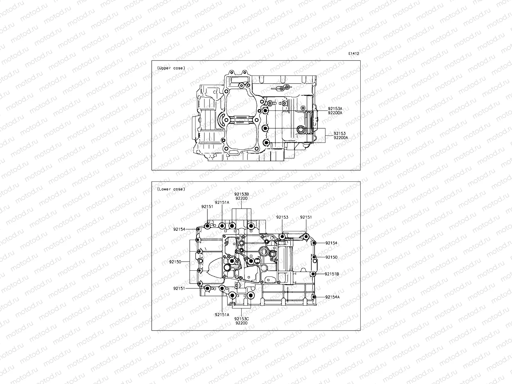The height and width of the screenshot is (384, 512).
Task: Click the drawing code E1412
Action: (354, 54)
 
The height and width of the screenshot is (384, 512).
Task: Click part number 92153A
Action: (335, 109)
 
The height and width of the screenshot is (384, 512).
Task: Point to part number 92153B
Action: (241, 194)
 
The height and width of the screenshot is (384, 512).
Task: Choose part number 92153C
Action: (241, 319)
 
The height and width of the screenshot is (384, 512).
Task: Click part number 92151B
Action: (332, 274)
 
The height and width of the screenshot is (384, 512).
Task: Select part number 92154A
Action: (332, 297)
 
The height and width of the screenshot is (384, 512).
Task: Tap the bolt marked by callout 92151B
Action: (314, 274)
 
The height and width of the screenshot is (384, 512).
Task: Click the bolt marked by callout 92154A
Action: (314, 297)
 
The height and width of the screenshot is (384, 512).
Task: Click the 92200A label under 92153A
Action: (335, 113)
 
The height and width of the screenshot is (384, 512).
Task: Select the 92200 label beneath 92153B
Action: (241, 198)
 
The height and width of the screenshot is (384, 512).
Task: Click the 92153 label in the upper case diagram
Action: (340, 133)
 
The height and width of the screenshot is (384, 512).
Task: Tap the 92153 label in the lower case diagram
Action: (282, 217)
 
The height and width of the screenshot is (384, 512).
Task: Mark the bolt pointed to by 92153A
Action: (265, 111)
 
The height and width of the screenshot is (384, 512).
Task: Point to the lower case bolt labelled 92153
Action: (282, 237)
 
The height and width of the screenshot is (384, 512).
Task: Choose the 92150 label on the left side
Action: (175, 262)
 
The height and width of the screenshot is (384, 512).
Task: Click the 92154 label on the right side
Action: (331, 243)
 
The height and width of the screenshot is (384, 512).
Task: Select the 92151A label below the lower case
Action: (222, 315)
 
